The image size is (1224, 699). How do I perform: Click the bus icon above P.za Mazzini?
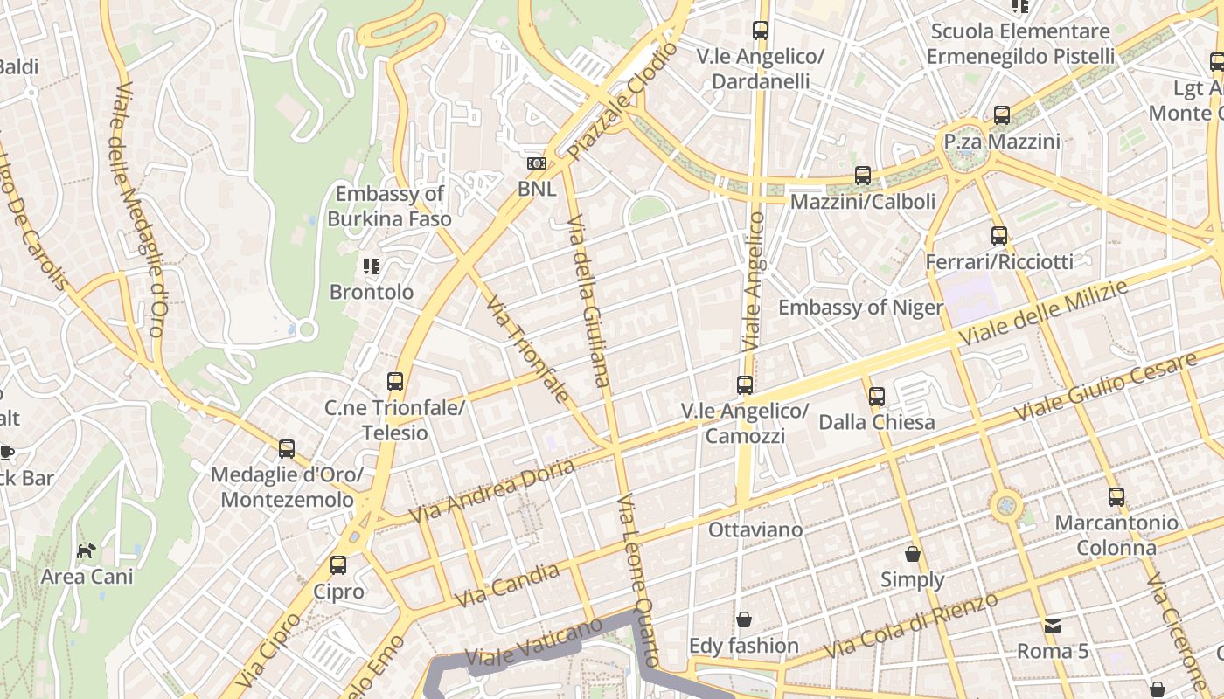1002,114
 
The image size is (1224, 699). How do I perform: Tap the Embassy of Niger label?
860,308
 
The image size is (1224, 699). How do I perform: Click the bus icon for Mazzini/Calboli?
863,176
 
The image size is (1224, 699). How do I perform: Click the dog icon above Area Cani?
86,550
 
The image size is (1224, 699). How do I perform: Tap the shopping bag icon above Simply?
913,554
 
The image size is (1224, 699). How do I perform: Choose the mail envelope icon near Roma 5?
1053,626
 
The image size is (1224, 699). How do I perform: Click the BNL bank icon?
536,163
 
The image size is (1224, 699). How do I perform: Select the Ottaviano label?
755,529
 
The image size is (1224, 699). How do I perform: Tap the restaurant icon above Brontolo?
372,266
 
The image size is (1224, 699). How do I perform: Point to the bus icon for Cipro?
338,565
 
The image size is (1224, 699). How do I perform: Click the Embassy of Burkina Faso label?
390,206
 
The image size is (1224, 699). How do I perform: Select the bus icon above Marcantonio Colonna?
1116,497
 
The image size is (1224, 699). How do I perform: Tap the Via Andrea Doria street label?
491,491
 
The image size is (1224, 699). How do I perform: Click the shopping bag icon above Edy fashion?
743,619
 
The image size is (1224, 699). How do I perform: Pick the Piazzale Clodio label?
622,102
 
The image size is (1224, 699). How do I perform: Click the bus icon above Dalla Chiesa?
877,396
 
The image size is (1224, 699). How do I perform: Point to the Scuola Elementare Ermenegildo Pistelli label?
1020,44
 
